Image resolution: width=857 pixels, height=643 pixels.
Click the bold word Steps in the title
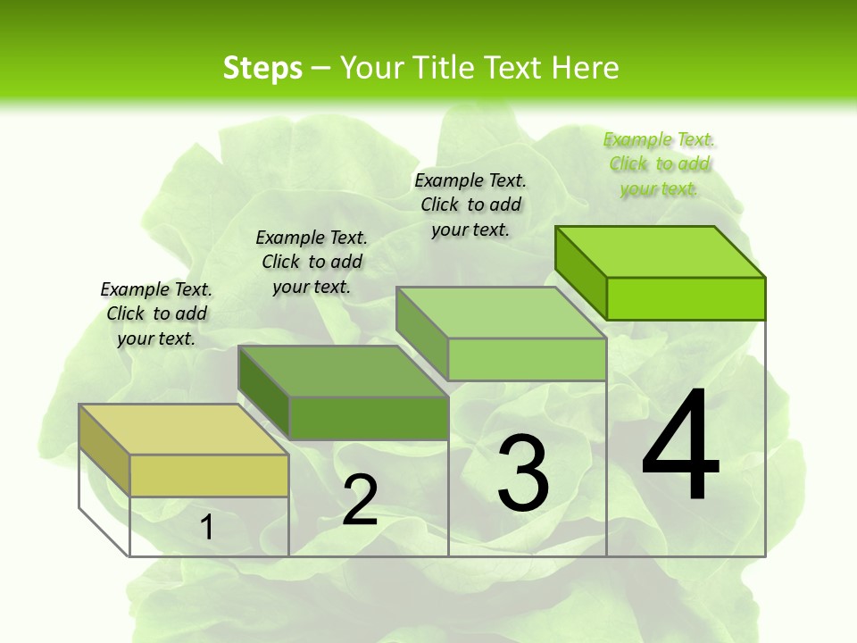tap(262, 68)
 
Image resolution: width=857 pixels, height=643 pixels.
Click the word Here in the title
tap(586, 68)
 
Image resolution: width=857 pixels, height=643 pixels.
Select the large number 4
tap(680, 446)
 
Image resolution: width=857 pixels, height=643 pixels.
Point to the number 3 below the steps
tap(522, 472)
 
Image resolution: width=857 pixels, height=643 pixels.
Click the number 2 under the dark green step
tap(360, 500)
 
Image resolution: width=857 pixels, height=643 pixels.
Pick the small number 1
tap(207, 527)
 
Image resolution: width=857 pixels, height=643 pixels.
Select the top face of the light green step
tap(501, 313)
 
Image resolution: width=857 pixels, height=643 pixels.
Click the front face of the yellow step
tap(209, 475)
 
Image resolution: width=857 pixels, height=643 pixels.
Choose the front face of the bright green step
tap(686, 298)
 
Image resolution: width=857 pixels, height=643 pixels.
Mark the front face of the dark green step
tap(369, 418)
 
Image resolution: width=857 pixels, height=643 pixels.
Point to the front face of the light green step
tap(527, 359)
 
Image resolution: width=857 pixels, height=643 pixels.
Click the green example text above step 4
tap(659, 163)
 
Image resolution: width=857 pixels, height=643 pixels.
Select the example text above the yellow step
tap(156, 313)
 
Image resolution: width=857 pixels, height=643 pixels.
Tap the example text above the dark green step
tap(312, 262)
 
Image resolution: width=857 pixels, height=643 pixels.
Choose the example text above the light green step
tap(470, 205)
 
